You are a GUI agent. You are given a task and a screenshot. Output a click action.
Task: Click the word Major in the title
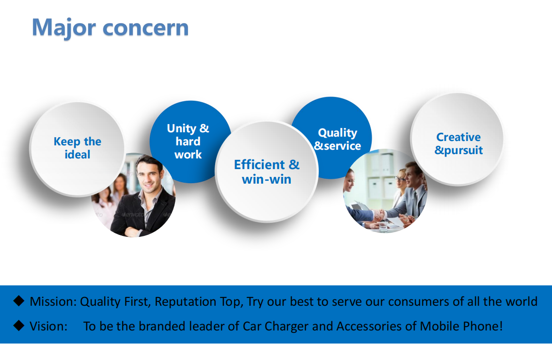click(x=63, y=28)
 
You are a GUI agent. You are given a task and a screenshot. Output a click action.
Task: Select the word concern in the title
click(x=146, y=28)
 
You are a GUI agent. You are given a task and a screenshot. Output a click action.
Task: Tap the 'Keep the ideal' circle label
click(x=78, y=148)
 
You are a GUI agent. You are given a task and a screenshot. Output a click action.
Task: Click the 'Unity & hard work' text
click(x=188, y=141)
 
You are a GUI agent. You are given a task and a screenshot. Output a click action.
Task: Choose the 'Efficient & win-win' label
click(x=267, y=172)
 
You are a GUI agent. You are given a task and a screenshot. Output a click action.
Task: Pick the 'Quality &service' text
click(x=338, y=139)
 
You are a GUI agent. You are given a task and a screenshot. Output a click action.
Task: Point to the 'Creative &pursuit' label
click(x=459, y=143)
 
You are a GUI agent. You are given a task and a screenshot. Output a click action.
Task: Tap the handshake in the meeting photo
click(x=379, y=214)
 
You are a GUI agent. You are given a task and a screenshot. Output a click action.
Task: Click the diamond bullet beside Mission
click(x=19, y=301)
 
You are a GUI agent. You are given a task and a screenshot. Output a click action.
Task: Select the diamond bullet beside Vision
click(x=19, y=326)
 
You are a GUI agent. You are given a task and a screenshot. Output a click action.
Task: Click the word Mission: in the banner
click(x=53, y=301)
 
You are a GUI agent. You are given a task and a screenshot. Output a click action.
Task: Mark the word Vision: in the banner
click(x=48, y=326)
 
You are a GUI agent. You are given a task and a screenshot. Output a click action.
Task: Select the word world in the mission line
click(x=521, y=301)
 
